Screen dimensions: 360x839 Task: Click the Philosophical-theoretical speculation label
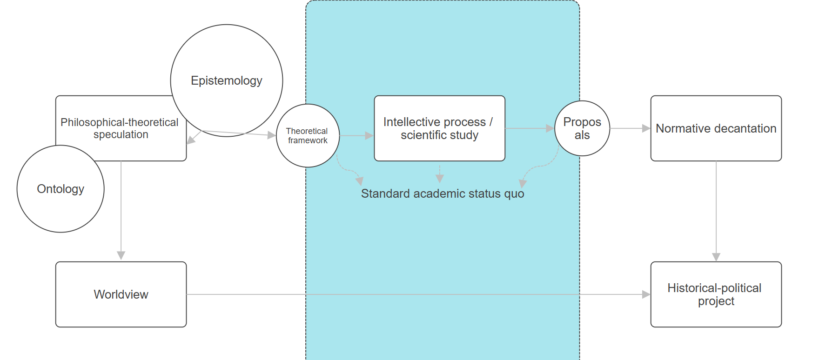tap(120, 128)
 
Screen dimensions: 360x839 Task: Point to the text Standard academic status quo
tap(443, 193)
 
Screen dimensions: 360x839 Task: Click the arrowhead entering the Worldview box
tap(121, 255)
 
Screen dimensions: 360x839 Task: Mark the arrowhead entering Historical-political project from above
tap(716, 257)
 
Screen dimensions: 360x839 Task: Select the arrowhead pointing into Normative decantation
tap(646, 128)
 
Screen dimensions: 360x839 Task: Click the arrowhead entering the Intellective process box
tap(369, 136)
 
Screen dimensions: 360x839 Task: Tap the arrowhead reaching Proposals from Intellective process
tap(550, 128)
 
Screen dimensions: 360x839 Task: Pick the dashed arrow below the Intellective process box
tap(440, 174)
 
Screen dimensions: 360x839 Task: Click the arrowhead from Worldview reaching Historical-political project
tap(646, 294)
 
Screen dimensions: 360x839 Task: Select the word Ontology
tap(60, 189)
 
